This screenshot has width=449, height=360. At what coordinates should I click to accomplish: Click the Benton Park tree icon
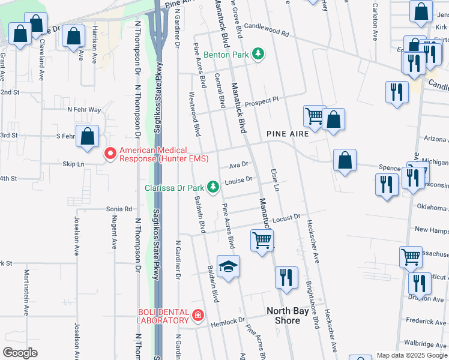258,54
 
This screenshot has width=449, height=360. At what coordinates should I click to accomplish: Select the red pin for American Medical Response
110,154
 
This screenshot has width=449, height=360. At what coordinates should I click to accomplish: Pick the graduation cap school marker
228,266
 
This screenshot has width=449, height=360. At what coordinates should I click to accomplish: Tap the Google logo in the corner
20,352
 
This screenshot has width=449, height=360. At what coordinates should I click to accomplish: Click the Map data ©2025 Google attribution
412,355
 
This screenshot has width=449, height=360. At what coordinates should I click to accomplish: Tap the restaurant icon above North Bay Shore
286,277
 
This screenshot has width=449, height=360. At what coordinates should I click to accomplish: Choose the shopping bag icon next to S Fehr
87,136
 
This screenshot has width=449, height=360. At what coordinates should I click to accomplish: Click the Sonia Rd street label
119,209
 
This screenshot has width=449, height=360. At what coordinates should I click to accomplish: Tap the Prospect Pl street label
262,100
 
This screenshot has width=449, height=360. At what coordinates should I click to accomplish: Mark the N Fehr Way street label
84,110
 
